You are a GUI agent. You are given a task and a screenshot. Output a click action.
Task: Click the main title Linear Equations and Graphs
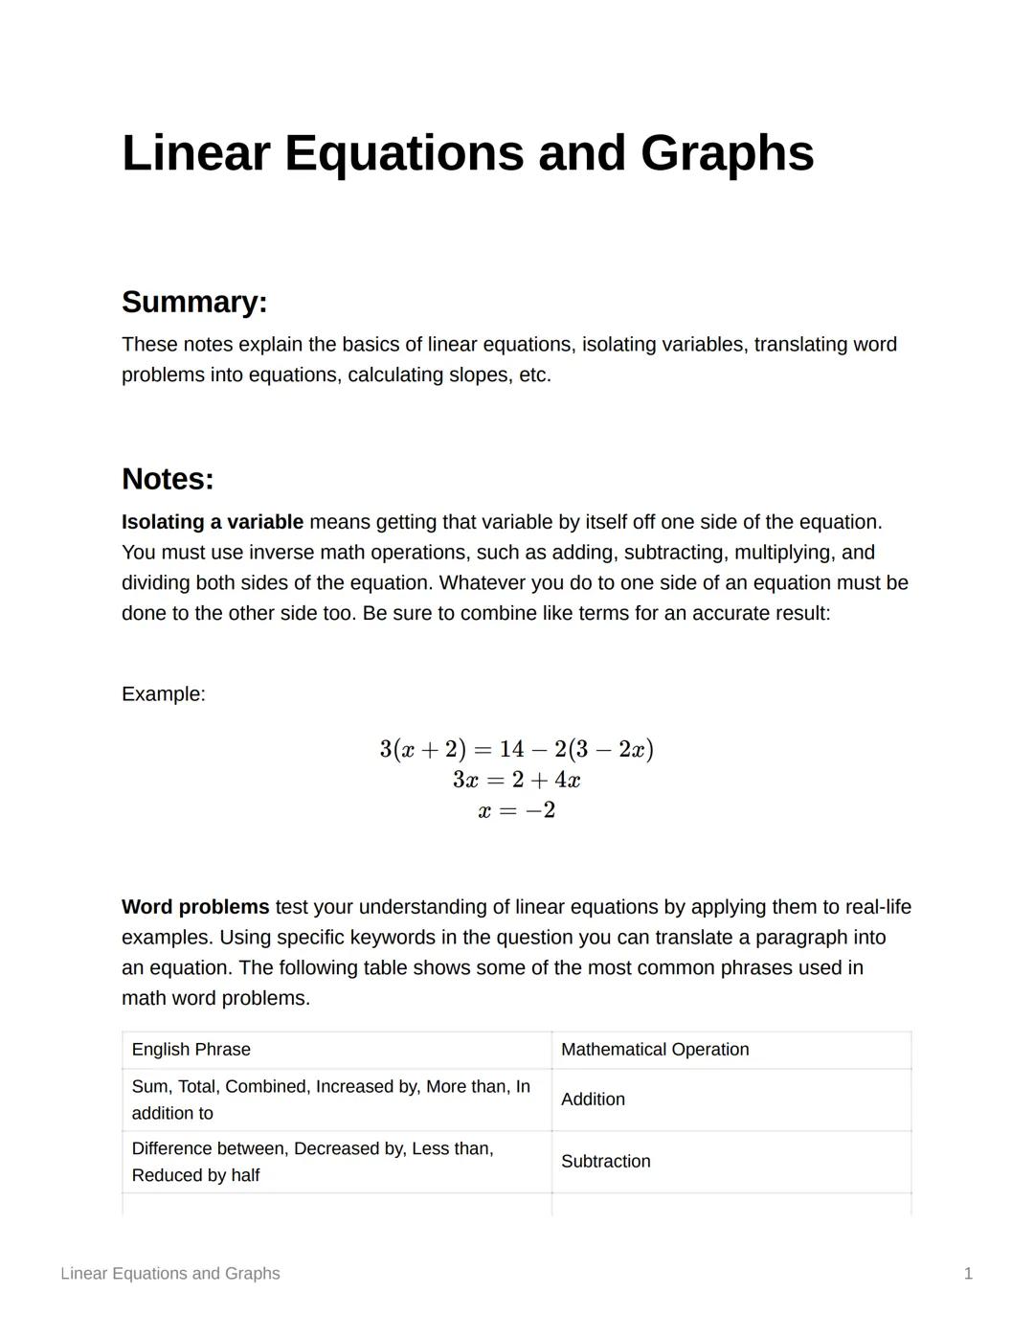(467, 153)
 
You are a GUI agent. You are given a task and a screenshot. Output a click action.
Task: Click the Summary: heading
(194, 302)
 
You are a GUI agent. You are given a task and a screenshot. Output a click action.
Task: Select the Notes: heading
(168, 479)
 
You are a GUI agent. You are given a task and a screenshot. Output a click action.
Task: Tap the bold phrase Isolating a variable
(212, 522)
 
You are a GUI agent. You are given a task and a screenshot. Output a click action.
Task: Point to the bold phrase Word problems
(195, 907)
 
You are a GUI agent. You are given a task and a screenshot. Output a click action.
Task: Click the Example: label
(163, 693)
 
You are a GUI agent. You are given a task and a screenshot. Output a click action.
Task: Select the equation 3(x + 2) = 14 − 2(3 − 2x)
(516, 749)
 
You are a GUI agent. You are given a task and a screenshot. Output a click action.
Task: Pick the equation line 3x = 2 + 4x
(516, 780)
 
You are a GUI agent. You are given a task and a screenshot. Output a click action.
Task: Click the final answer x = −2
(516, 810)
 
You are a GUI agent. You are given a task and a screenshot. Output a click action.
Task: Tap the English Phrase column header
(191, 1050)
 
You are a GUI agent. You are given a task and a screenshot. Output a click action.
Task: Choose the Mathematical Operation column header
(655, 1050)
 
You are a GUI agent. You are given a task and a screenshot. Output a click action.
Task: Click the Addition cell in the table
(593, 1100)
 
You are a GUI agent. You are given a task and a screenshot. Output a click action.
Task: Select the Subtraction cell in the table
(605, 1162)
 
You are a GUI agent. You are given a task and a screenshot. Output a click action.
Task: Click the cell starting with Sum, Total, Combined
(329, 1100)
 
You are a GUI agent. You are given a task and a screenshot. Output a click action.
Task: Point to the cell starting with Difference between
(312, 1162)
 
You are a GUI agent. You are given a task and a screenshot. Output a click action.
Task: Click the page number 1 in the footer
(968, 1274)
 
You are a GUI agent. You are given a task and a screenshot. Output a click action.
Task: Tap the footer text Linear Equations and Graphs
(170, 1274)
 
